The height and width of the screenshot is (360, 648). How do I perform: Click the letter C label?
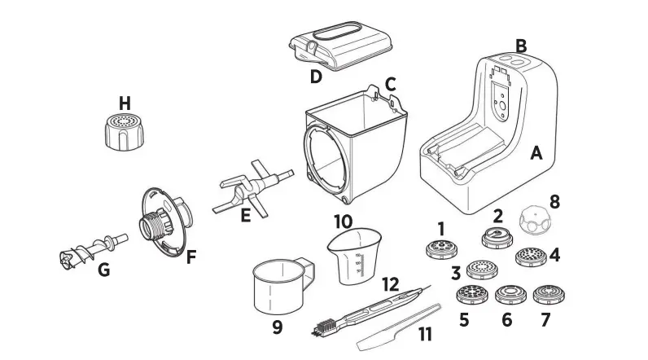click(390, 83)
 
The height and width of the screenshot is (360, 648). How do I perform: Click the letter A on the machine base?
click(536, 152)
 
